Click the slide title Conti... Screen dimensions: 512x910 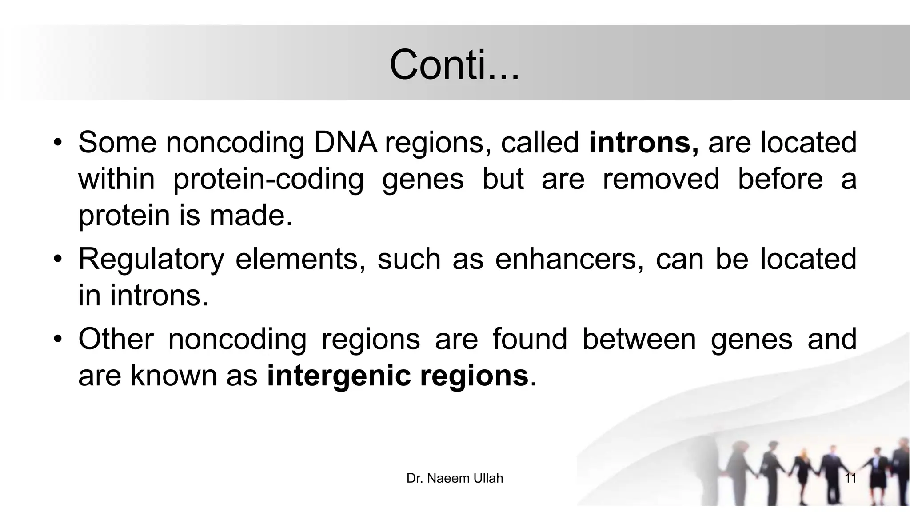[454, 65]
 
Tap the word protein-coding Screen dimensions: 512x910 [268, 179]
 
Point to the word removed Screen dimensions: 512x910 [660, 179]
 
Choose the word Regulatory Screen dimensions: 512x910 [151, 259]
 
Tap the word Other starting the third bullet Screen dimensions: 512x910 [116, 339]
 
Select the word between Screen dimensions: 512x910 [639, 339]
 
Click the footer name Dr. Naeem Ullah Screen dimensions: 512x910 [455, 478]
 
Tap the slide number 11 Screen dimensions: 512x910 [850, 478]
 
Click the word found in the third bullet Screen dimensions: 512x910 [530, 339]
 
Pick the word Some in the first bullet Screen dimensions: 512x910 [117, 143]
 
